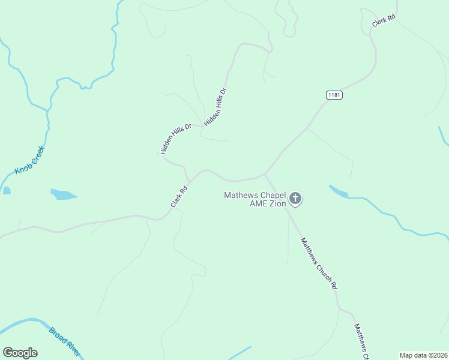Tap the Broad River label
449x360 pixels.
click(x=65, y=341)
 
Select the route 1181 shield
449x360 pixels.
click(x=334, y=95)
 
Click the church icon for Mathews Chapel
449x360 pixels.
click(x=295, y=199)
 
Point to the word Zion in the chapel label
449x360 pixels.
click(x=276, y=203)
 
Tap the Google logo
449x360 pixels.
click(x=20, y=353)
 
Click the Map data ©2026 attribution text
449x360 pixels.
click(x=423, y=355)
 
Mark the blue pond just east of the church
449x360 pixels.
click(x=339, y=192)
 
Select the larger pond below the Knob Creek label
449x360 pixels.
click(x=64, y=195)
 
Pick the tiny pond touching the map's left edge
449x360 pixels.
click(x=6, y=191)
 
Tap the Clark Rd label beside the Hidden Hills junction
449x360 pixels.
click(x=179, y=197)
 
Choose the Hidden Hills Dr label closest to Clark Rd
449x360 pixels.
click(x=175, y=139)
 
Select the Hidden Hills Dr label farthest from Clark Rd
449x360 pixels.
click(x=215, y=107)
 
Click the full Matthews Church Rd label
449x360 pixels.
click(x=319, y=263)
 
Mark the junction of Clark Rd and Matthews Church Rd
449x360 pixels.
click(x=265, y=175)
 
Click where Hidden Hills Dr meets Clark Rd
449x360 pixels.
click(x=190, y=180)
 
